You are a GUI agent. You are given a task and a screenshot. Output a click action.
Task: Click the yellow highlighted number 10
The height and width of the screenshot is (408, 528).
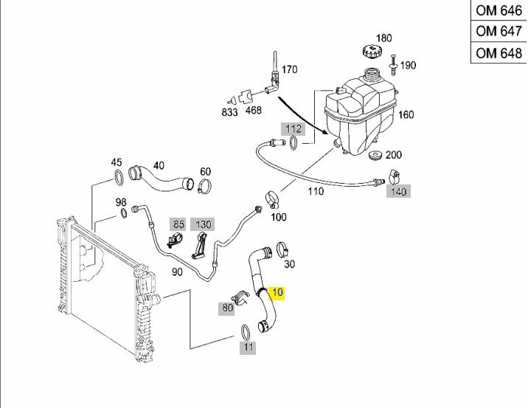click(277, 292)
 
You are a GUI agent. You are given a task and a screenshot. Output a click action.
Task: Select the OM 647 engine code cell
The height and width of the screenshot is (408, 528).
click(499, 31)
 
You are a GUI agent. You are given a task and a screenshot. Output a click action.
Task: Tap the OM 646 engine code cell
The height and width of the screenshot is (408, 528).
click(499, 10)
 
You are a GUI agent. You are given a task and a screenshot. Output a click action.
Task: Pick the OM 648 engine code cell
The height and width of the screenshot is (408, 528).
click(499, 52)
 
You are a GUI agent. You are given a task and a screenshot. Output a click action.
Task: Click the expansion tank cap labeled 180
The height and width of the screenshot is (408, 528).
click(372, 52)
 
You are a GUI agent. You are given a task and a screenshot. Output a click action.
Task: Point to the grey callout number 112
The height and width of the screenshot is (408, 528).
click(293, 128)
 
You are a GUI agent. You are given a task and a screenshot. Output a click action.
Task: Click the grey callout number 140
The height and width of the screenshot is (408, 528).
click(399, 191)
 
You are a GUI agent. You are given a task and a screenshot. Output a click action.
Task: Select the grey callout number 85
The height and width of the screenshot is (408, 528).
click(178, 224)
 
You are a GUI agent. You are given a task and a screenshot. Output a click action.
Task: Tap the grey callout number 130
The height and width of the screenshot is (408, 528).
click(203, 224)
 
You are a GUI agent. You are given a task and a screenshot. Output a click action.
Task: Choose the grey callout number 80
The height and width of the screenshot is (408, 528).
click(226, 308)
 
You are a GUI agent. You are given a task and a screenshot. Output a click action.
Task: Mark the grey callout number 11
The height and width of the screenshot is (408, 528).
click(248, 348)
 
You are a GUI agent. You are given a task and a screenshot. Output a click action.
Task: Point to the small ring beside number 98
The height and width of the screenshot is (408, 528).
click(124, 213)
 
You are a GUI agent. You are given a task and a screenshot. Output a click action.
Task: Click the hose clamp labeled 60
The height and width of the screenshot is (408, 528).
click(205, 186)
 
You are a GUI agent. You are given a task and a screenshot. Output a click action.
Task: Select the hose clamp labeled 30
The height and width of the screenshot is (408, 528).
click(282, 249)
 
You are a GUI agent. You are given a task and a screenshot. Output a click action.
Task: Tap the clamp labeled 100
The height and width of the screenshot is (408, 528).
click(272, 198)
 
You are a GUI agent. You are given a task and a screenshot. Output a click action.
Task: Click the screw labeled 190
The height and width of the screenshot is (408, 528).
click(393, 65)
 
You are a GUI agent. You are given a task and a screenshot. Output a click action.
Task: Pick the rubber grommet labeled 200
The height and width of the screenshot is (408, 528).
click(375, 156)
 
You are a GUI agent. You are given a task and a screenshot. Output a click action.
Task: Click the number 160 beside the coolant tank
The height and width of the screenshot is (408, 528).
click(406, 114)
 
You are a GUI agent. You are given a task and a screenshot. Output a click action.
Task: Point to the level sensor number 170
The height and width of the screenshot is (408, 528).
click(289, 69)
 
